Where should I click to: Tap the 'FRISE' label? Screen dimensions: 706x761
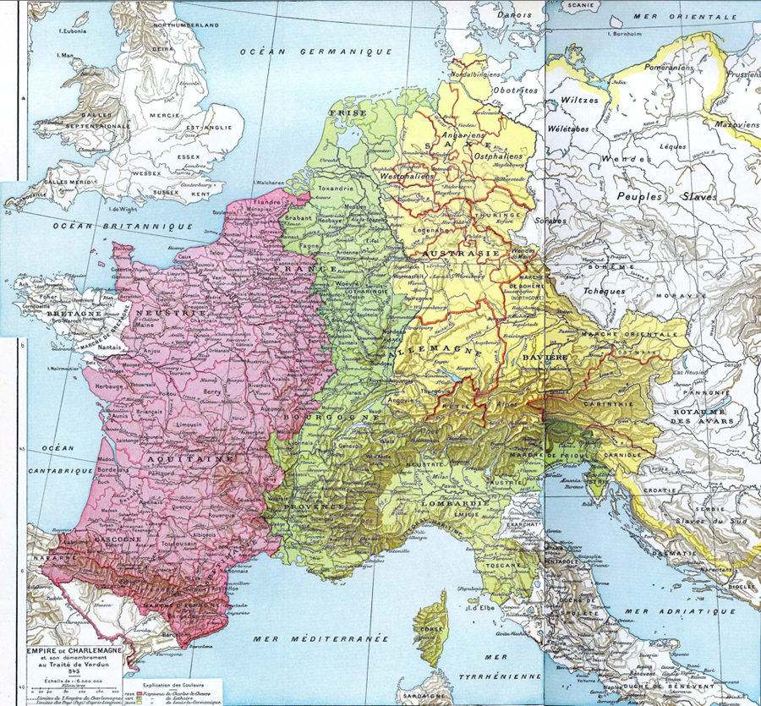[x=342, y=111]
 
